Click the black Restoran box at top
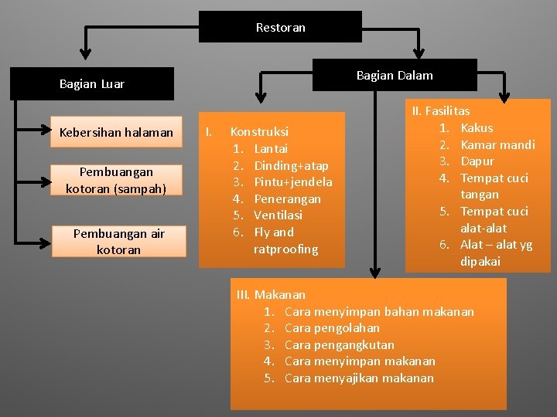pos(280,27)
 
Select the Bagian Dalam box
pos(394,75)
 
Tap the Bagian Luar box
pos(91,84)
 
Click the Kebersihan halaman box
pos(116,132)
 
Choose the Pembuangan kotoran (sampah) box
pos(116,180)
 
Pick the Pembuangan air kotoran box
pos(118,241)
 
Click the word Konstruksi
pos(259,132)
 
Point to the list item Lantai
pos(271,148)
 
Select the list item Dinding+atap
pos(291,165)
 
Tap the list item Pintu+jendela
pos(292,182)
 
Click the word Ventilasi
pos(278,215)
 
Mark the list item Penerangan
pos(287,198)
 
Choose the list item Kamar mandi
pos(497,144)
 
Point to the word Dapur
pos(477,161)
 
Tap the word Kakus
pos(477,127)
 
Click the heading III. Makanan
pos(271,294)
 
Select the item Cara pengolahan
pos(332,328)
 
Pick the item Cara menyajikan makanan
pos(359,378)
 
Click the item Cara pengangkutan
pos(339,344)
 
